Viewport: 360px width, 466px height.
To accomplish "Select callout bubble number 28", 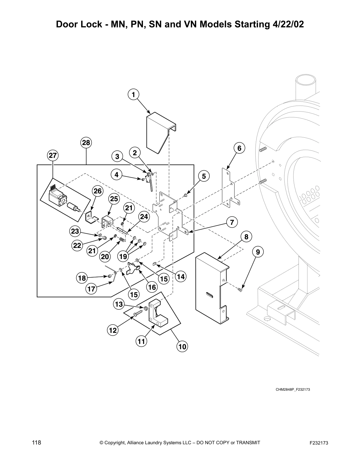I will click(x=86, y=143).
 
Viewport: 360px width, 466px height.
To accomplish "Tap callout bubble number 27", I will click(x=53, y=156).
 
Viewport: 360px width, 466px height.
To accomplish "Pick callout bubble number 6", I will click(x=239, y=148).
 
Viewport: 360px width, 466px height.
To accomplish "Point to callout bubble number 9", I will click(x=258, y=252).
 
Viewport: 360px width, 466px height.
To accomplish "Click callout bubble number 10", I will click(x=182, y=347).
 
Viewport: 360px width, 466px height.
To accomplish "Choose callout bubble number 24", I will click(x=144, y=217).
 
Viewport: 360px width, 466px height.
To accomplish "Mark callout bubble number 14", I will click(x=181, y=277).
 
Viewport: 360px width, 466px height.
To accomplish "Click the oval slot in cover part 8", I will click(x=209, y=295).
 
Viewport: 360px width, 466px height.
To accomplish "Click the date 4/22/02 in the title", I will click(x=286, y=24).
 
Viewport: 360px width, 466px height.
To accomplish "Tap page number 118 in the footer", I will click(x=36, y=443).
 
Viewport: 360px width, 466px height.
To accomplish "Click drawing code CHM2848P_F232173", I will click(x=293, y=390).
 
